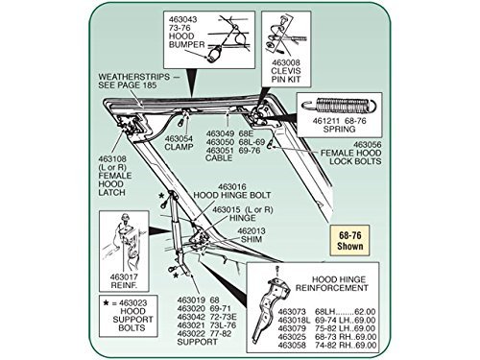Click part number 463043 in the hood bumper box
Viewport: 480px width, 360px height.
click(x=183, y=19)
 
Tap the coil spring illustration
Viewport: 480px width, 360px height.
click(x=340, y=106)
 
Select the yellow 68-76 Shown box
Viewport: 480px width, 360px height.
click(x=349, y=241)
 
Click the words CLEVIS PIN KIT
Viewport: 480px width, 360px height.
click(x=286, y=75)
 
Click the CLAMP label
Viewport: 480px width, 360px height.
click(x=179, y=147)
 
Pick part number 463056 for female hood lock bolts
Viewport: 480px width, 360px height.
click(x=368, y=145)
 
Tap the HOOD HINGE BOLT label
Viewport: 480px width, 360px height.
click(x=232, y=195)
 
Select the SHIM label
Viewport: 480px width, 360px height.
click(x=252, y=239)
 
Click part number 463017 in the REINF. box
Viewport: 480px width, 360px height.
click(x=124, y=277)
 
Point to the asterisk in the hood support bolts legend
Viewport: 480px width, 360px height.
click(x=106, y=302)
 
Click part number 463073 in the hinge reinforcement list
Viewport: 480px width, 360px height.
click(x=292, y=312)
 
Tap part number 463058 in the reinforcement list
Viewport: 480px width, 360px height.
click(x=292, y=346)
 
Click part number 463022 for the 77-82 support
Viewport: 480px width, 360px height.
click(x=191, y=334)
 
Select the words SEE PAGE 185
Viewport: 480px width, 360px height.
click(x=128, y=85)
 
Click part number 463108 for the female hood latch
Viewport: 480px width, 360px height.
click(x=112, y=159)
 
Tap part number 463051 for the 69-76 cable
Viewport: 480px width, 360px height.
click(x=220, y=151)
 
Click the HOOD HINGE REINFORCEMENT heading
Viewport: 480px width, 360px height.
click(x=332, y=284)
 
